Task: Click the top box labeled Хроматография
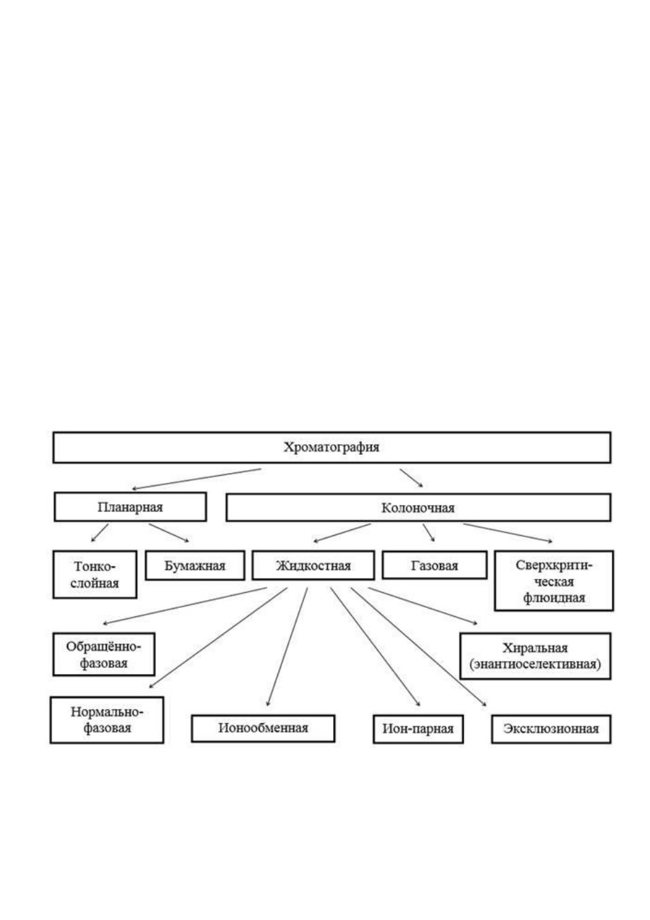tap(331, 447)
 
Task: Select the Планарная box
tap(130, 507)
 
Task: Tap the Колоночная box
tap(418, 507)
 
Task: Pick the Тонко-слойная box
tap(95, 574)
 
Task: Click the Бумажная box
tap(195, 566)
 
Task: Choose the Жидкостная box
tap(313, 566)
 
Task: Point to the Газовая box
tap(435, 566)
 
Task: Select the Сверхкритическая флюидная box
tap(554, 581)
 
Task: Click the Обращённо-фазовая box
tap(104, 654)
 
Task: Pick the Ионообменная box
tap(263, 729)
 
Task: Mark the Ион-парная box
tap(418, 729)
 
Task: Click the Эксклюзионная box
tap(551, 729)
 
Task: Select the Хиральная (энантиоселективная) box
tap(536, 656)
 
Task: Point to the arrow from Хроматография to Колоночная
tap(412, 478)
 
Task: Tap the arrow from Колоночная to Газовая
tap(429, 532)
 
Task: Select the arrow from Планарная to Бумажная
tap(169, 533)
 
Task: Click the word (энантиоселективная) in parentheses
tap(536, 664)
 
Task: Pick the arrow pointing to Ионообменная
tap(287, 647)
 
